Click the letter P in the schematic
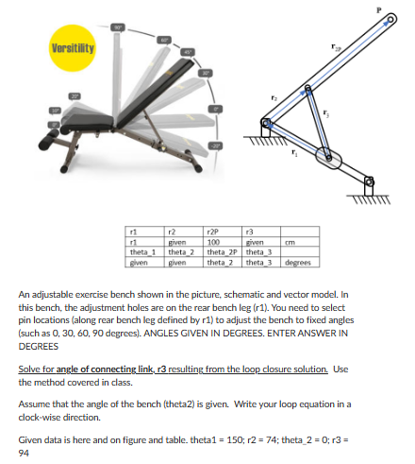[403, 7]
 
